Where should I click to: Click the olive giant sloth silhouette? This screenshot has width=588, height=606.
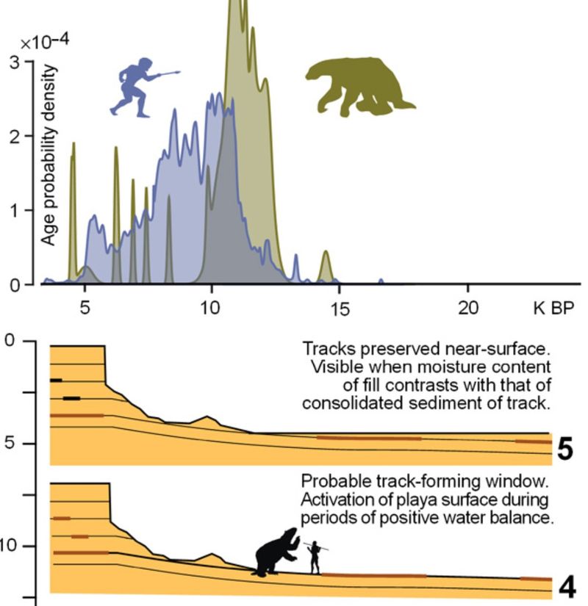360,84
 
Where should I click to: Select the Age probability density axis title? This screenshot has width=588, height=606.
48,154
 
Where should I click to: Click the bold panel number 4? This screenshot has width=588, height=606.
567,588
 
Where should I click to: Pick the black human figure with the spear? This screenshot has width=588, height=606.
315,558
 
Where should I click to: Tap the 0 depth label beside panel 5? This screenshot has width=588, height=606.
9,341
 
